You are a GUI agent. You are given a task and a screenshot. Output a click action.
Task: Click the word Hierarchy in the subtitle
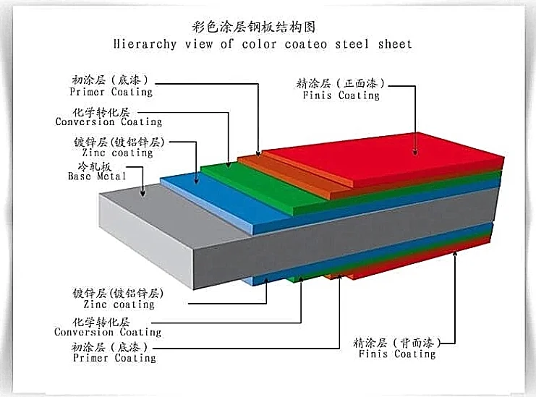[x=145, y=44]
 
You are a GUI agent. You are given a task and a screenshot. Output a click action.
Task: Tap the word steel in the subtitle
[x=341, y=44]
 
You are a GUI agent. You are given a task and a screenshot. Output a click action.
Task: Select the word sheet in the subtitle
[x=394, y=44]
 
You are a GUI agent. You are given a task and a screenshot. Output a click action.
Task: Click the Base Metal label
[x=97, y=176]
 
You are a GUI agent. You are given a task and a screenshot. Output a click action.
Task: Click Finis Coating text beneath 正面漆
[x=340, y=95]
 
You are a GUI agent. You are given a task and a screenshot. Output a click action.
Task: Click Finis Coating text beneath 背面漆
[x=395, y=354]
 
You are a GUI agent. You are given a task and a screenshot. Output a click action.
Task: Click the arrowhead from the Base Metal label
[x=143, y=193]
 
